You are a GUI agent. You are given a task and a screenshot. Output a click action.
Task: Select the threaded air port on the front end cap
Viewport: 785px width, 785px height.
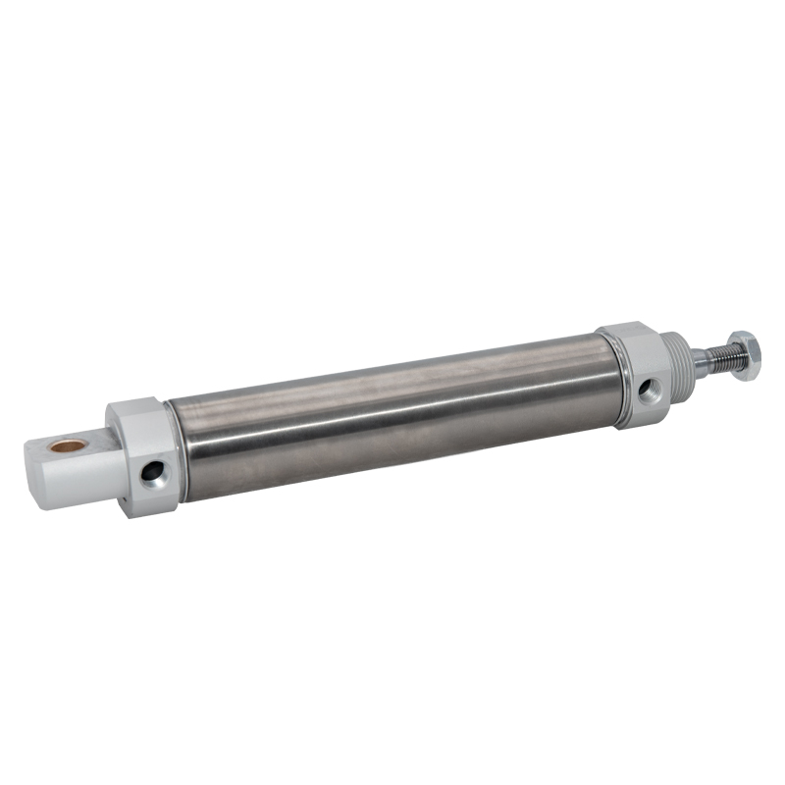[x=647, y=391]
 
